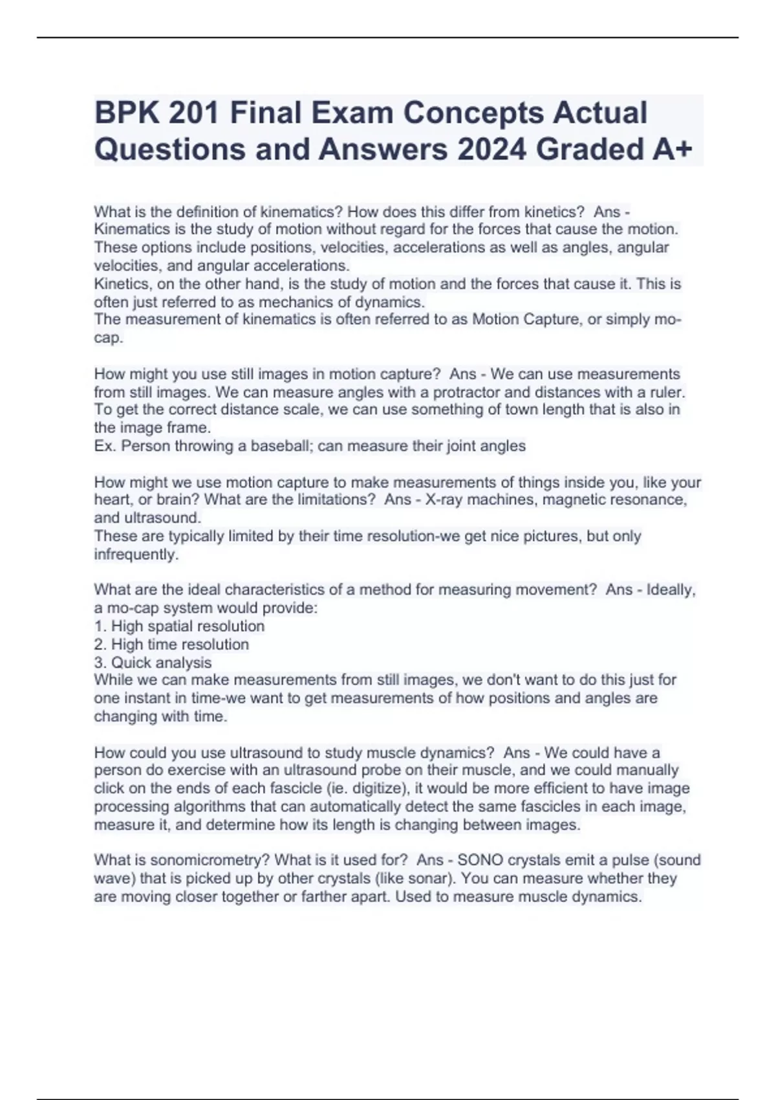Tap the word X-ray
coord(446,500)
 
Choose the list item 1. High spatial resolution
coord(179,626)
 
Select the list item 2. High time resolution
coord(171,644)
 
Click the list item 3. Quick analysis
coord(153,663)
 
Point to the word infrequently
coord(136,555)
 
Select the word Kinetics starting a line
coord(122,283)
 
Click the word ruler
coord(666,392)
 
